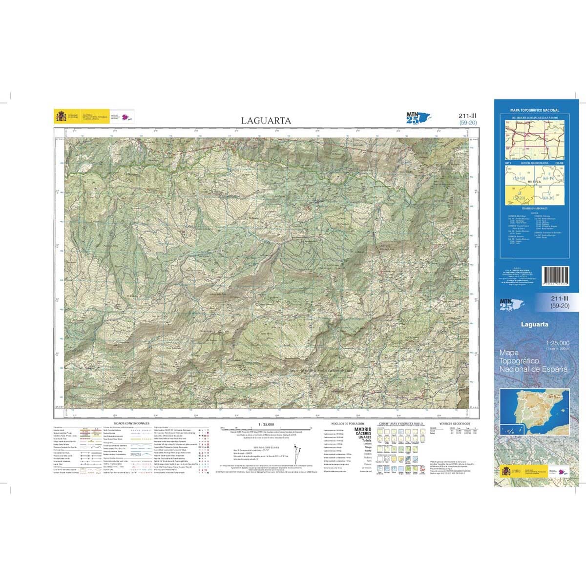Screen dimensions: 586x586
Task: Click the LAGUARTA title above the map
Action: (266, 121)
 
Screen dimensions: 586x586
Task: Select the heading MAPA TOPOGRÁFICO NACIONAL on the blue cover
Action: (535, 111)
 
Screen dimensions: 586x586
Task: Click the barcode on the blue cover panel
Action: (555, 279)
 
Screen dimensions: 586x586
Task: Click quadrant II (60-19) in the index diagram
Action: (549, 176)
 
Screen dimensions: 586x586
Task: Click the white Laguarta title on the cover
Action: (534, 324)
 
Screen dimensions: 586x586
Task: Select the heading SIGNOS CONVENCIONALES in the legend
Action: (131, 423)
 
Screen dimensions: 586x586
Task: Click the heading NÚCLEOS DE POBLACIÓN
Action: (347, 423)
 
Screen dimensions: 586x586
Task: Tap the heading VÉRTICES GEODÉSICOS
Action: (454, 423)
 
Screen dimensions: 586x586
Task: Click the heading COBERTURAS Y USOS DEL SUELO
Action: (401, 423)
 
